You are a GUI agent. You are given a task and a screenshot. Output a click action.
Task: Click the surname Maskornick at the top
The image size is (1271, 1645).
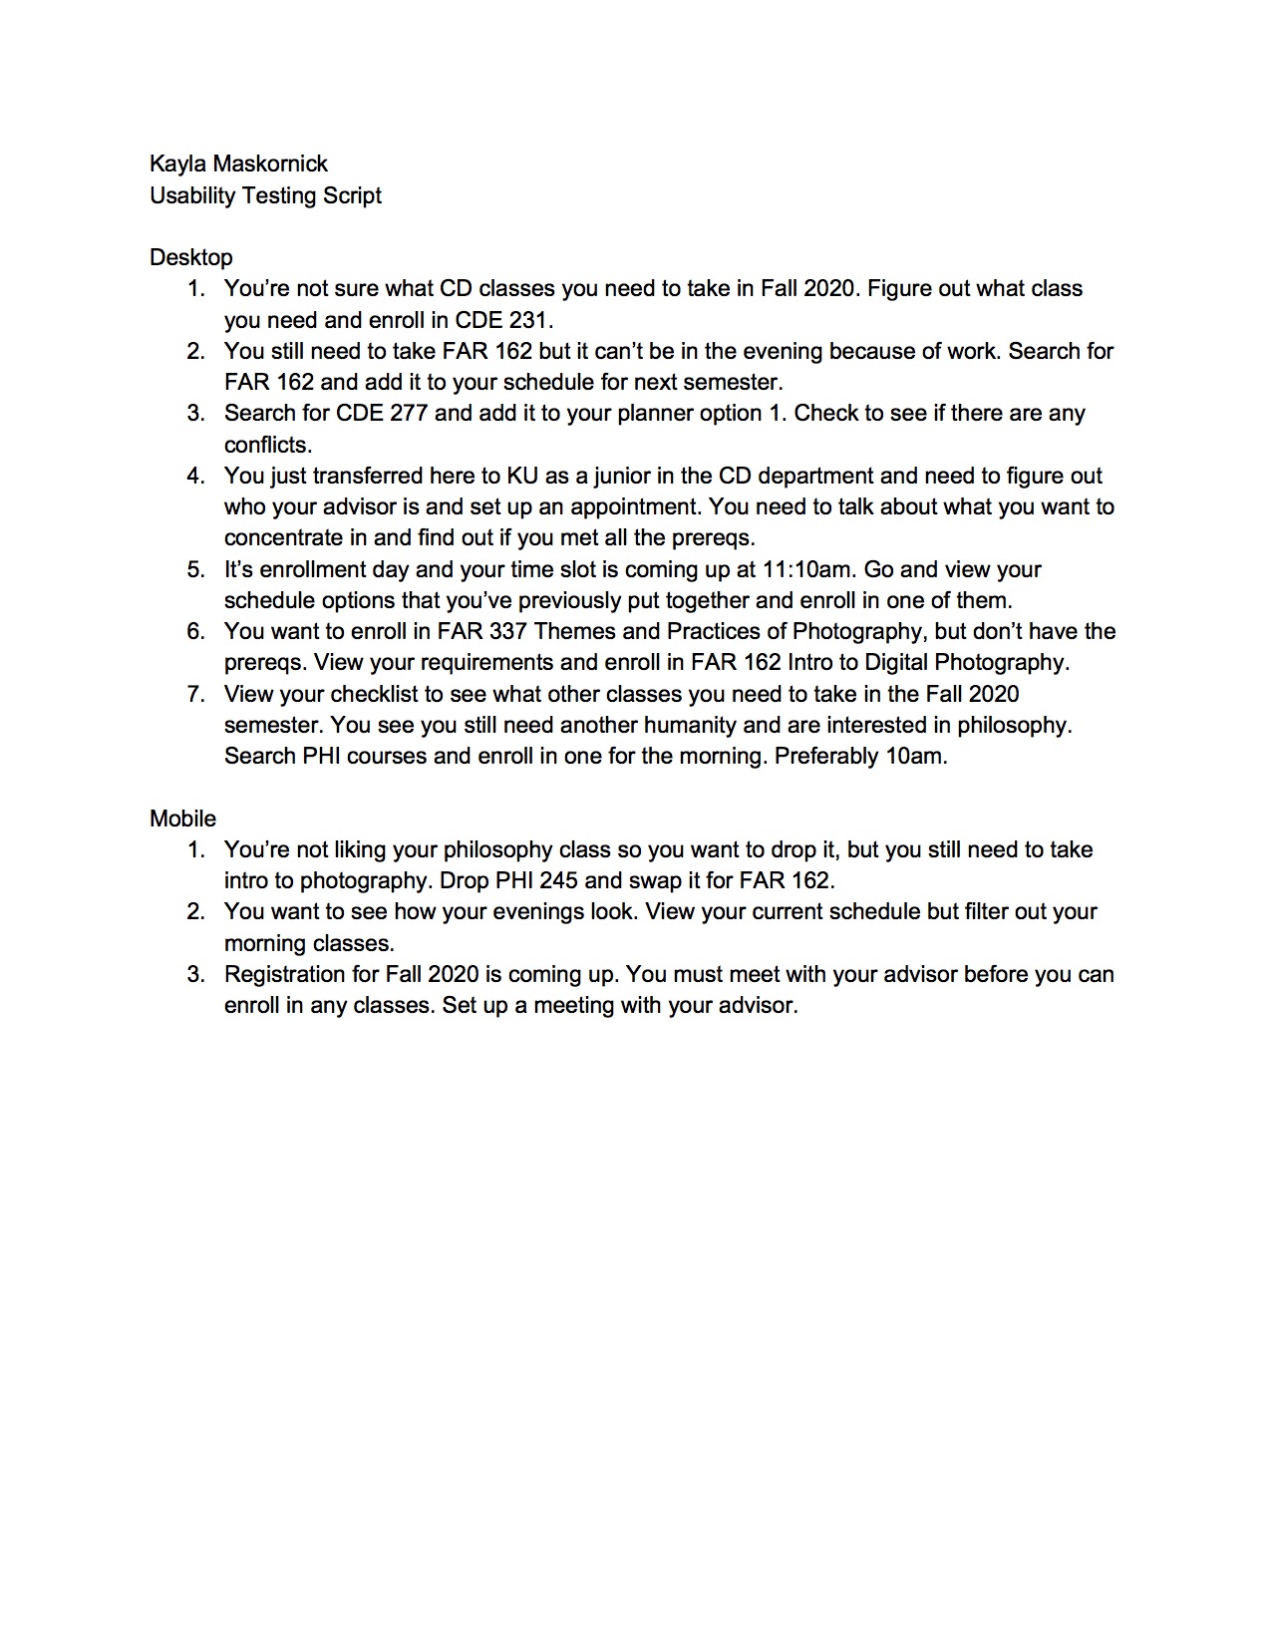pyautogui.click(x=270, y=164)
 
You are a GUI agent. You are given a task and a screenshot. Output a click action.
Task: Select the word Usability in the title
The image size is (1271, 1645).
pyautogui.click(x=190, y=195)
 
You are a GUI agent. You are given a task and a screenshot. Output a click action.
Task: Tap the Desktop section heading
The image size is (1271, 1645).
pyautogui.click(x=190, y=257)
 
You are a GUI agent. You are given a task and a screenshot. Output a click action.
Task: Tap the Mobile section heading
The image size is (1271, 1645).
pyautogui.click(x=182, y=819)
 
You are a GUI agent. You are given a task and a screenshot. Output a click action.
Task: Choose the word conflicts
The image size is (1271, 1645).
pyautogui.click(x=267, y=445)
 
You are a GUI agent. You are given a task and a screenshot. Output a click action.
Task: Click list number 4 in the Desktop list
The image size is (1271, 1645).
pyautogui.click(x=195, y=476)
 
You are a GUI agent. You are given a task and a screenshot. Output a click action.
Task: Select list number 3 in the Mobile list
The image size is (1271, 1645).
pyautogui.click(x=195, y=974)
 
